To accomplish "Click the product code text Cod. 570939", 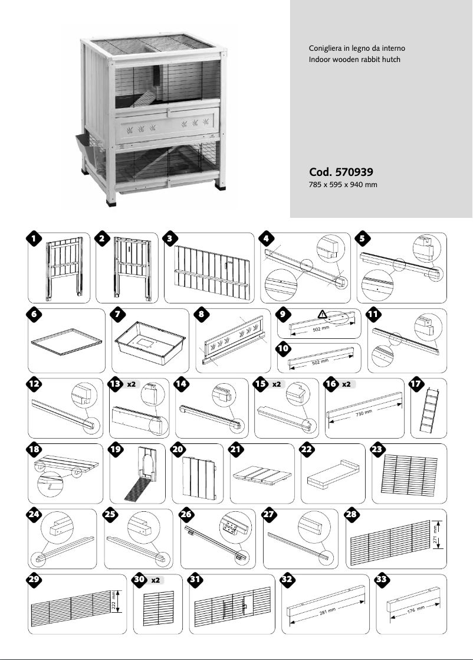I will [340, 173].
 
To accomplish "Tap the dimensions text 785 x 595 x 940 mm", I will [343, 185].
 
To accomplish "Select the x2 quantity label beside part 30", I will [156, 580].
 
